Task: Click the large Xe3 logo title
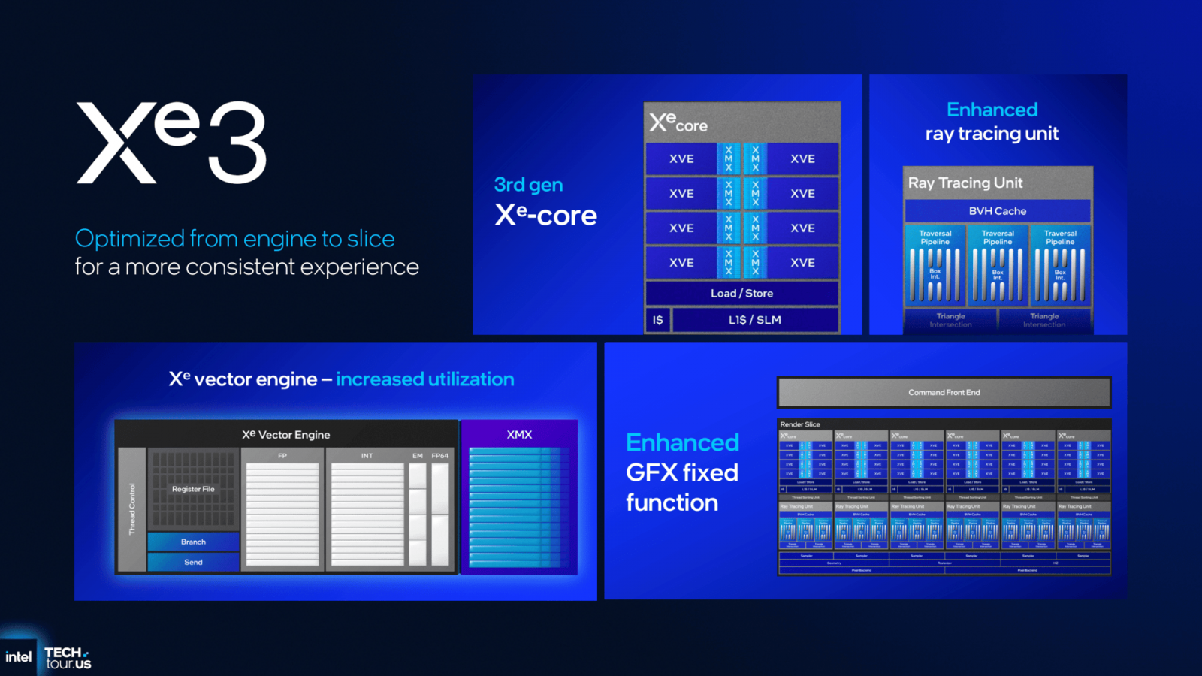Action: pos(171,143)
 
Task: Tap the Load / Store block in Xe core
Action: pos(741,293)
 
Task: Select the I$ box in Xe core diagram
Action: pos(657,320)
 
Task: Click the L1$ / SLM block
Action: pos(754,320)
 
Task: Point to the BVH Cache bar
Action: pos(997,211)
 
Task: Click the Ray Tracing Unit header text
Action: pos(965,183)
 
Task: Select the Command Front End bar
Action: pos(944,392)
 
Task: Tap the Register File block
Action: pos(193,489)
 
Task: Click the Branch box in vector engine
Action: pos(193,542)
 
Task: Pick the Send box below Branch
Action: pos(193,562)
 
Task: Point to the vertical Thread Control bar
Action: pos(132,509)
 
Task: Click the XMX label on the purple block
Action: pos(519,435)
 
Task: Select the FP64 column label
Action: pos(440,456)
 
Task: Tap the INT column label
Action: pos(367,456)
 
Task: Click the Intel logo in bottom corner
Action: pos(18,657)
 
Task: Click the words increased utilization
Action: pos(424,379)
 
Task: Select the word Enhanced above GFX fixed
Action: pos(682,442)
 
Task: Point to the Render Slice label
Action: pos(800,424)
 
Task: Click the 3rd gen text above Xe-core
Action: pos(528,185)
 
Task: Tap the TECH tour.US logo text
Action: pos(68,658)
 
